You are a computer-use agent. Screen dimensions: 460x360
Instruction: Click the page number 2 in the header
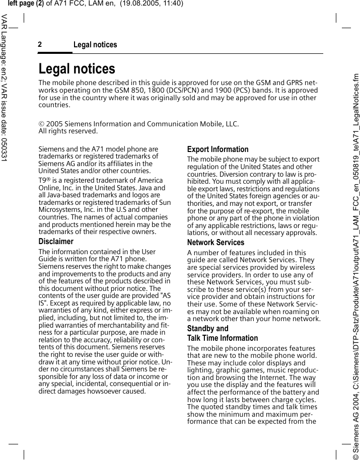click(x=40, y=45)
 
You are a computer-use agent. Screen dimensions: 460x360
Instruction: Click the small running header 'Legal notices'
click(x=95, y=45)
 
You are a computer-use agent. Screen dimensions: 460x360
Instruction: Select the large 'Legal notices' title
click(x=77, y=68)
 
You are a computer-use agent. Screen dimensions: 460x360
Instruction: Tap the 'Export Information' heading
click(x=218, y=149)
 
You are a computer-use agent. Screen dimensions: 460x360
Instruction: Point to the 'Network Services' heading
click(x=215, y=243)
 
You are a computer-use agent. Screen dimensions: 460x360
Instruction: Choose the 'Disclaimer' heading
click(x=56, y=242)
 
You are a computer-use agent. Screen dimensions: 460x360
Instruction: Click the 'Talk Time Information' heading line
click(x=222, y=338)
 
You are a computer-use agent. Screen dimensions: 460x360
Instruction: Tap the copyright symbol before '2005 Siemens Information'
click(x=41, y=124)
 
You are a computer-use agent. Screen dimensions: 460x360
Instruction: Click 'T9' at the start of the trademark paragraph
click(x=43, y=180)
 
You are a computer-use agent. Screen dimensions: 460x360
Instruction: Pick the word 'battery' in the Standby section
click(x=292, y=392)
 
